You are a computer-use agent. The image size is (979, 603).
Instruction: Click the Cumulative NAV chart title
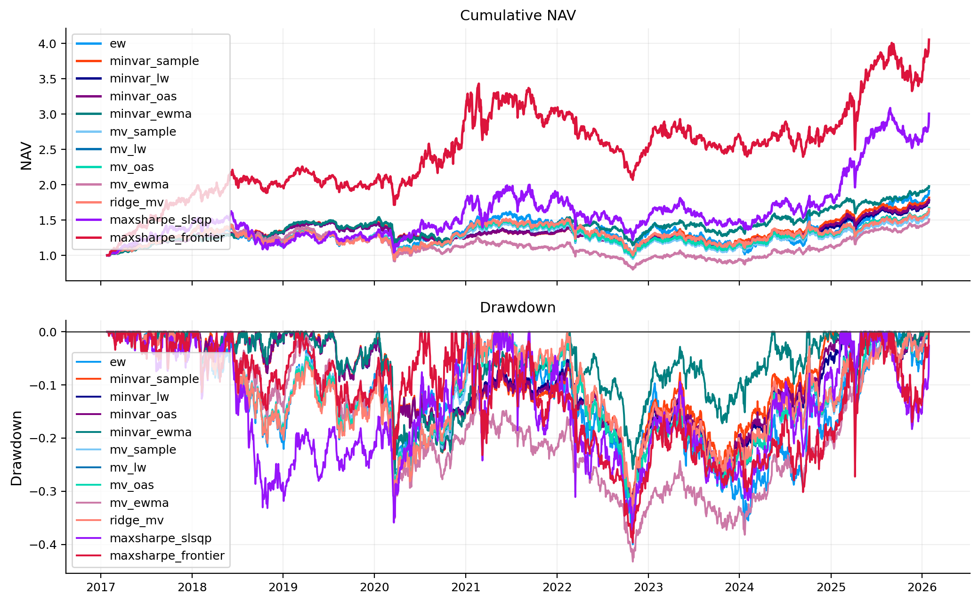point(518,16)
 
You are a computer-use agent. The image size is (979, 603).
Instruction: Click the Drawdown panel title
point(518,308)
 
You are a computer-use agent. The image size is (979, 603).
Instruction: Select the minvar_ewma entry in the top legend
point(150,114)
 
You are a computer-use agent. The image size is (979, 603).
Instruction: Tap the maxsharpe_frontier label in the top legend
point(167,237)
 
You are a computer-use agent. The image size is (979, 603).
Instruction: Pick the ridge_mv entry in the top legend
point(137,202)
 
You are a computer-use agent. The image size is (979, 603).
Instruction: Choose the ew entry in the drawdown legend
point(117,362)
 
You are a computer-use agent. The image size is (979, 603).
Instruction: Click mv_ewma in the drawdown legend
point(139,503)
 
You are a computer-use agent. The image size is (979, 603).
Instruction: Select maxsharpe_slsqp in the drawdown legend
point(160,538)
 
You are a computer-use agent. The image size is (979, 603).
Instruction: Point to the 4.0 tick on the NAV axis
point(47,44)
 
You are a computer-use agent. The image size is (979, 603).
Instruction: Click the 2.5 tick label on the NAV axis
point(47,150)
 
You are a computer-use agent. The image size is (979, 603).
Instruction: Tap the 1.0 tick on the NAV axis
point(47,256)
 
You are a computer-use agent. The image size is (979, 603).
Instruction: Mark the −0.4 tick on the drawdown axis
point(43,545)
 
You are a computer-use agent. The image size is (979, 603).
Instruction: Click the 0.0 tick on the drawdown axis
point(47,332)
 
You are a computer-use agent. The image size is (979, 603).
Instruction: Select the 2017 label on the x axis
point(100,587)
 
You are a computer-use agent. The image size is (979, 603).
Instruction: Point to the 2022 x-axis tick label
point(557,587)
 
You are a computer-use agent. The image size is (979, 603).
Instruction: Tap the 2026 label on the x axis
point(922,587)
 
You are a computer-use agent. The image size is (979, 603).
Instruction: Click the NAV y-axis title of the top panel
point(26,155)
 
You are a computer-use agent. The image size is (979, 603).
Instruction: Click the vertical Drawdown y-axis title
point(16,448)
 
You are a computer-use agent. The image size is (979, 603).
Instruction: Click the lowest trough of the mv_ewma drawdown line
point(632,561)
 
